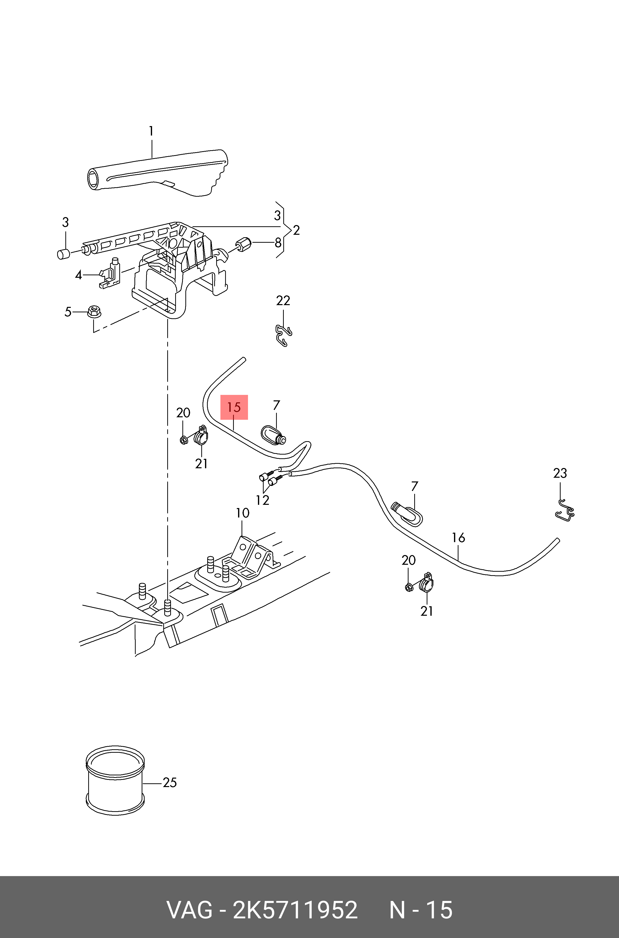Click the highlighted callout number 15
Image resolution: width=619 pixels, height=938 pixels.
[234, 407]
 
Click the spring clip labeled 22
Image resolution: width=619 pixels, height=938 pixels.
[284, 335]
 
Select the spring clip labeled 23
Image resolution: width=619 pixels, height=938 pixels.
[565, 512]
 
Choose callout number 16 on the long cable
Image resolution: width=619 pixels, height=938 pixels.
[458, 538]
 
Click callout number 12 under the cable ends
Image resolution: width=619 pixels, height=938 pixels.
[262, 500]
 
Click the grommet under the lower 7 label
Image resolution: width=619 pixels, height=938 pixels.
[407, 514]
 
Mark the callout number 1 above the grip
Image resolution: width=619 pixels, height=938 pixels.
[151, 131]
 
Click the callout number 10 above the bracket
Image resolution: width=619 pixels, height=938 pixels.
[242, 513]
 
